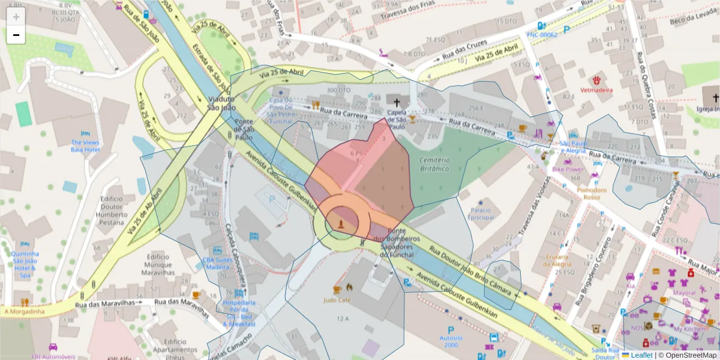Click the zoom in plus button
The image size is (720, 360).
16,17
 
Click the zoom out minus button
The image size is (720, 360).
16,35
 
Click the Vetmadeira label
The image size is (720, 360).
596,90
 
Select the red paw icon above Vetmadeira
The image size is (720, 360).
597,80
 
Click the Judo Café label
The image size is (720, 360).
337,299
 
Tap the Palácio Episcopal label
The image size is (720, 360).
480,214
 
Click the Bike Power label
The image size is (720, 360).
568,170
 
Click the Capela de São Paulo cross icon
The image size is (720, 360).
397,103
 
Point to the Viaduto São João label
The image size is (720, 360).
218,103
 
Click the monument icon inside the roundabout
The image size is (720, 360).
341,224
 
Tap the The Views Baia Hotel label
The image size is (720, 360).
85,145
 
